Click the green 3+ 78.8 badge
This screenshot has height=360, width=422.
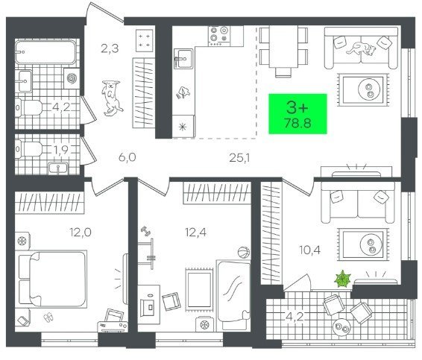click(x=297, y=113)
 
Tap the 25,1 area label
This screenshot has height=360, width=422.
click(x=239, y=158)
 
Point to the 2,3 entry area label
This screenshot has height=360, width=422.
click(x=110, y=49)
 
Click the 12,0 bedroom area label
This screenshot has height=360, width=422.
click(x=81, y=233)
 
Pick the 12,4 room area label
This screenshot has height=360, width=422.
click(x=195, y=233)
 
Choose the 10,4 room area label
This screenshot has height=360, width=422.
click(x=309, y=250)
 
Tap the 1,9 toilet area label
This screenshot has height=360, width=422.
click(x=61, y=150)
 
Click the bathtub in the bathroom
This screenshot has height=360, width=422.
click(x=45, y=52)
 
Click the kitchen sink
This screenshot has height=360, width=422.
click(x=183, y=58)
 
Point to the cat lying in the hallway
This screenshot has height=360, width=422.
click(x=111, y=98)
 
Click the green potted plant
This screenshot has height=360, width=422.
click(x=343, y=279)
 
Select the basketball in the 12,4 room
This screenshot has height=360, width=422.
click(x=244, y=253)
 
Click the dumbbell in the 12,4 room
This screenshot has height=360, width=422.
click(x=145, y=230)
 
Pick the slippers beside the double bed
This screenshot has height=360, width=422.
click(x=48, y=317)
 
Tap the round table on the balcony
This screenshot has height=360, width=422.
click(x=341, y=327)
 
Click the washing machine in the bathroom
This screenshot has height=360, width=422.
click(x=72, y=78)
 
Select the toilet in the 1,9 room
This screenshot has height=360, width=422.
click(x=29, y=149)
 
